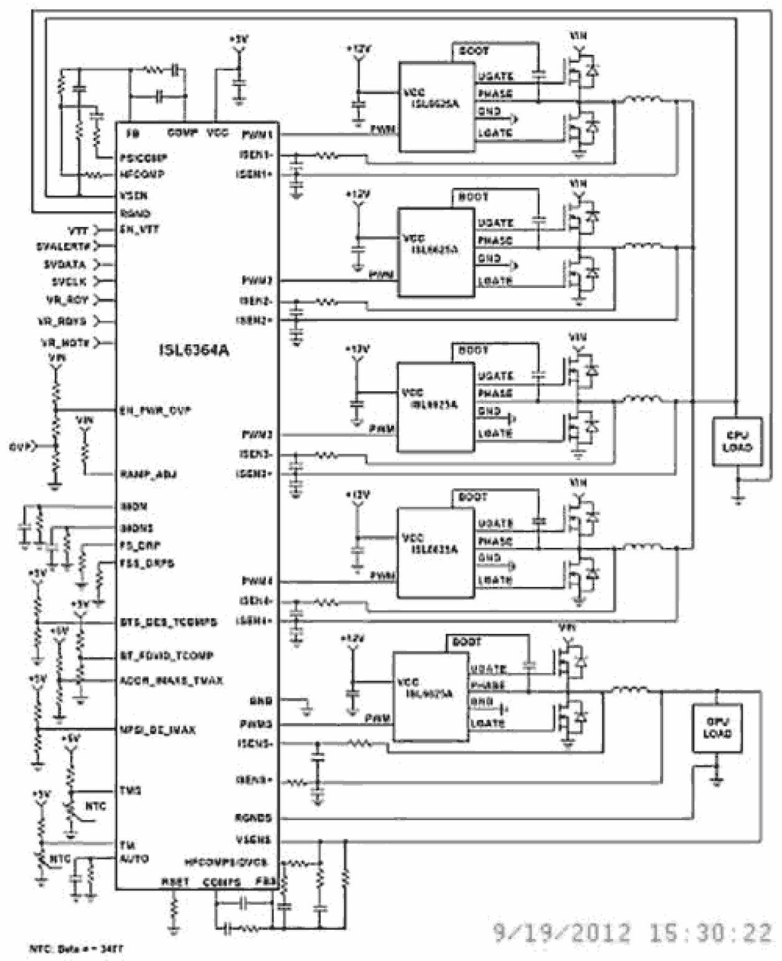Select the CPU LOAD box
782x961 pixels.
[x=737, y=441]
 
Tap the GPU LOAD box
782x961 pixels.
[x=717, y=728]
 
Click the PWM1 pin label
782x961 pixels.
[x=257, y=134]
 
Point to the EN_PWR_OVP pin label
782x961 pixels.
[x=155, y=411]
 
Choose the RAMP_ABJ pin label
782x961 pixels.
[x=148, y=474]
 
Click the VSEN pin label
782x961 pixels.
[x=133, y=196]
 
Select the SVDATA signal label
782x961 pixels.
[x=65, y=264]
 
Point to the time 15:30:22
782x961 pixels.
[x=710, y=933]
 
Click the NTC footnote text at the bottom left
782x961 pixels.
[x=76, y=949]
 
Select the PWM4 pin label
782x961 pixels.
[x=257, y=581]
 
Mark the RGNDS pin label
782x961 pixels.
[x=253, y=818]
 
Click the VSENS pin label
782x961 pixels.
[x=253, y=839]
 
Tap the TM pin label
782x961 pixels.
[x=126, y=845]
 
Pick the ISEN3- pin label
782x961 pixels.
[x=255, y=454]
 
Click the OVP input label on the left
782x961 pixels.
[x=18, y=447]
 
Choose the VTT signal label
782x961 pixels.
[x=78, y=230]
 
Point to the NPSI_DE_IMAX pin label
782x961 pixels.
[x=158, y=729]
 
